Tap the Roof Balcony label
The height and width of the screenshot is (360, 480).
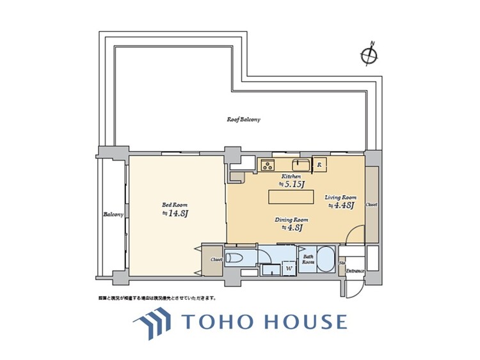point(244,120)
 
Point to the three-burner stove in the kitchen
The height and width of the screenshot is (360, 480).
point(268,166)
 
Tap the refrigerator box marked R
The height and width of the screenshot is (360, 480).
point(320,165)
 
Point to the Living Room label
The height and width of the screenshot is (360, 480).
point(340,198)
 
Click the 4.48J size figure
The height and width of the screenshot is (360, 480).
point(342,206)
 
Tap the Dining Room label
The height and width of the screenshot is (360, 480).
point(292,219)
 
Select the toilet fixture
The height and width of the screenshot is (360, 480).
point(235,258)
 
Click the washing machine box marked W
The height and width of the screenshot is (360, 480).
point(289,269)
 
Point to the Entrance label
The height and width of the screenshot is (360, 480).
point(355,271)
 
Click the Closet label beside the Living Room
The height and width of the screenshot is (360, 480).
point(371,205)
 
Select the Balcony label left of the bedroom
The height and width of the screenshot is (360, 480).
point(113,214)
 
